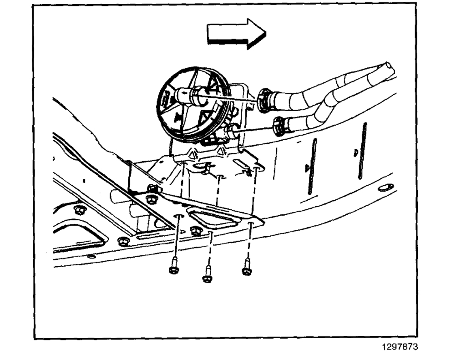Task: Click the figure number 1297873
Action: click(x=399, y=347)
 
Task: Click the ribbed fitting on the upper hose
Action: click(x=265, y=101)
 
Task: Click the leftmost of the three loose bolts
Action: click(x=173, y=268)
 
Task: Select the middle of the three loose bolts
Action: click(x=208, y=276)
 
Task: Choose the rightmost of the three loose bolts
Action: click(x=247, y=268)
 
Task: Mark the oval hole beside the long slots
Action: click(x=385, y=187)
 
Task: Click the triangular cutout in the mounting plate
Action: click(x=213, y=218)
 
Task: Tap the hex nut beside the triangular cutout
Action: click(x=196, y=231)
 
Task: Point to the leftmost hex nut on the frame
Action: click(x=80, y=210)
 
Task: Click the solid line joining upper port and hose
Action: click(x=232, y=97)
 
